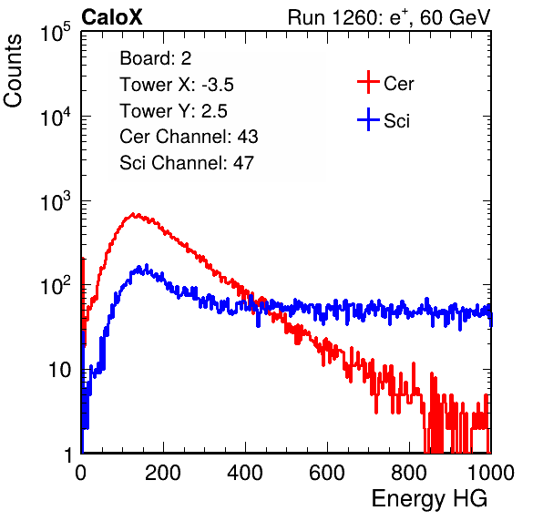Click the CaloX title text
click(112, 17)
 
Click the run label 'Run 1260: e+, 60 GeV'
click(389, 17)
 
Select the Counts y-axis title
click(13, 71)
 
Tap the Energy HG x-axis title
click(429, 499)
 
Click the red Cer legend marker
click(368, 82)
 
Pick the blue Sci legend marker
click(368, 120)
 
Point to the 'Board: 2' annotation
click(156, 58)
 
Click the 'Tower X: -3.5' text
click(177, 85)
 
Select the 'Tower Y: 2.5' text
click(173, 111)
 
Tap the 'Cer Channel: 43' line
click(189, 137)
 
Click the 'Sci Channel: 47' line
click(187, 163)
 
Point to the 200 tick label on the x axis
click(163, 473)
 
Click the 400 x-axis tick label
click(245, 473)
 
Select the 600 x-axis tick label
click(327, 473)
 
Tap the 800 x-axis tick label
click(409, 473)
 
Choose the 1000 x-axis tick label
click(491, 473)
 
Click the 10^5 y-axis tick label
click(56, 32)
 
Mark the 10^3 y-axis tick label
click(56, 201)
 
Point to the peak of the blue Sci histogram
click(147, 265)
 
